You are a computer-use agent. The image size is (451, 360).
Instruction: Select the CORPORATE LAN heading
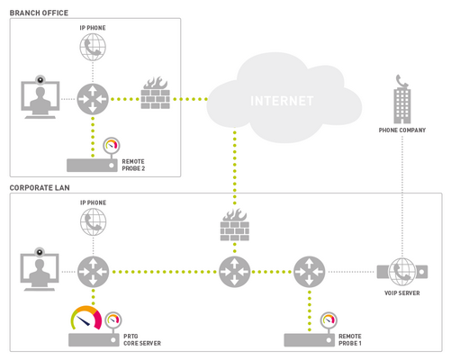[41, 187]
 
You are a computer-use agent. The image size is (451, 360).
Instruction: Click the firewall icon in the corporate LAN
[235, 225]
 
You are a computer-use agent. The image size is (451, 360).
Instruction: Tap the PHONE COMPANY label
[401, 130]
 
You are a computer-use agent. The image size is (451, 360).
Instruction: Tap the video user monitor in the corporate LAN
[40, 266]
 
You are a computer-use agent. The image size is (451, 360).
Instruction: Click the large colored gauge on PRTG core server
[87, 319]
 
